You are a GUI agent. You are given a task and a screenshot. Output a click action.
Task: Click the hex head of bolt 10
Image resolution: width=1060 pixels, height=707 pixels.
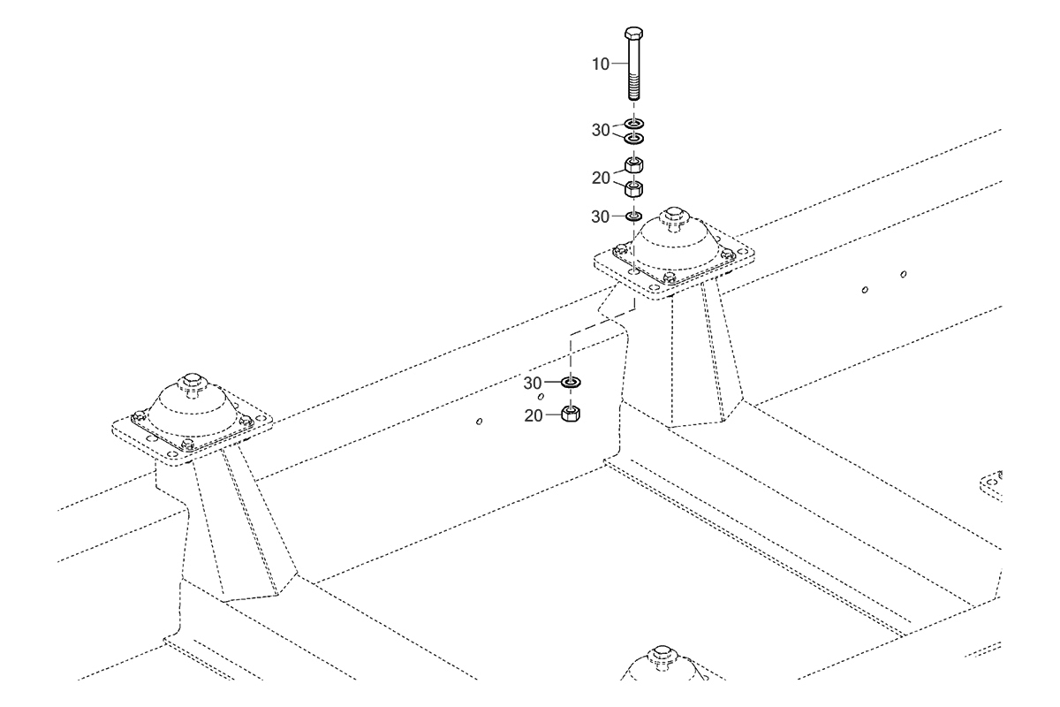(x=633, y=34)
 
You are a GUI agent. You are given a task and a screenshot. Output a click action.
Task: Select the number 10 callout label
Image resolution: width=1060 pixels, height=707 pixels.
(x=601, y=64)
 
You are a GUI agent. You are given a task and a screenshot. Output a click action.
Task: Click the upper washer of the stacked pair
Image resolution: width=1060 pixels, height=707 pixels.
(x=633, y=124)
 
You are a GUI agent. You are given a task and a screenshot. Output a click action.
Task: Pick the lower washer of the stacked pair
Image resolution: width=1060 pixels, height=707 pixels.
(x=633, y=139)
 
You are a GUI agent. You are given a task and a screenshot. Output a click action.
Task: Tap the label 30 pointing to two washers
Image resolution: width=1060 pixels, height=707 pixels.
(x=601, y=130)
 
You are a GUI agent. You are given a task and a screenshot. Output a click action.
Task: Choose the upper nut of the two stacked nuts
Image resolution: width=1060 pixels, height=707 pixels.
(x=633, y=164)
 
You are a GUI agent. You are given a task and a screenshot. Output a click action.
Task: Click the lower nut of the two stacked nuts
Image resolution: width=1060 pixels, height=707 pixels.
(x=633, y=188)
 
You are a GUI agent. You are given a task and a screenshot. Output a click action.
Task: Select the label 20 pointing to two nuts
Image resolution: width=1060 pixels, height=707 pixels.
(x=601, y=178)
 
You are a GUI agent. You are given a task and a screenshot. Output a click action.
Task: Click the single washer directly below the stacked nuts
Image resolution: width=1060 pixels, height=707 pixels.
(x=633, y=217)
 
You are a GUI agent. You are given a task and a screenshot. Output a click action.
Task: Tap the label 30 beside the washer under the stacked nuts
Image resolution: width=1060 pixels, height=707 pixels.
(x=600, y=217)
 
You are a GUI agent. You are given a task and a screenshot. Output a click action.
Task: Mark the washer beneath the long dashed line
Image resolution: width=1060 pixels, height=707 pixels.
(x=572, y=382)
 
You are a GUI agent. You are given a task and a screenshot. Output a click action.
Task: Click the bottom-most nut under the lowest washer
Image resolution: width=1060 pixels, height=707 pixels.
(x=571, y=414)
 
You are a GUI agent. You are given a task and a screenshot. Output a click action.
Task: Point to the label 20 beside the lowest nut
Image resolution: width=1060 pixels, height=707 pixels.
(x=534, y=415)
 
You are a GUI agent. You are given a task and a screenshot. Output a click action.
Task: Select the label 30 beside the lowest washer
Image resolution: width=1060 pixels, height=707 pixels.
(x=533, y=383)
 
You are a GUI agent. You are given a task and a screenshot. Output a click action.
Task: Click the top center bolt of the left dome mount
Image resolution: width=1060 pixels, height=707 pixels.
(x=191, y=382)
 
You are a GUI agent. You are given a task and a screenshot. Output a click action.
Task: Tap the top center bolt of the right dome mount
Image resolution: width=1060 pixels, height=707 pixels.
(x=674, y=216)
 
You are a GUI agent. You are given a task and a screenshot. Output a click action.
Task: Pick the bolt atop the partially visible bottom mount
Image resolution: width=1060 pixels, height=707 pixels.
(x=662, y=655)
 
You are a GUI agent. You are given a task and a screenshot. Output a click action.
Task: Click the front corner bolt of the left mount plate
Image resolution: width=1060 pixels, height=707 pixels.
(x=188, y=445)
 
